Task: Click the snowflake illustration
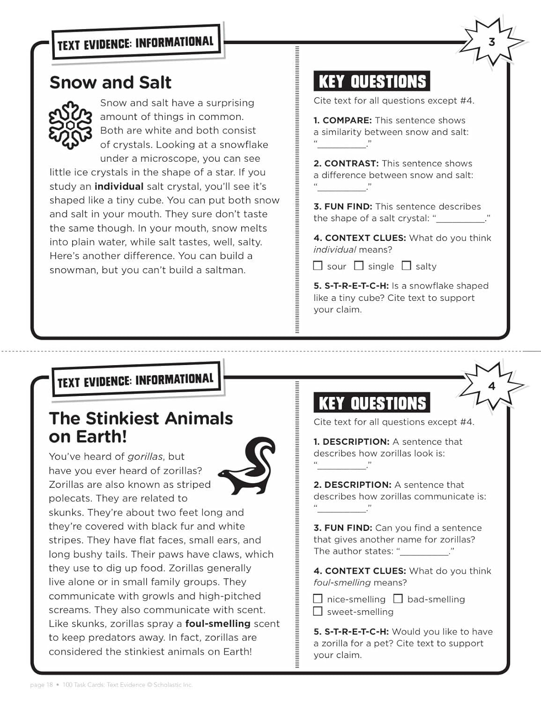click(x=70, y=125)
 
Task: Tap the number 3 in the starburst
click(x=491, y=42)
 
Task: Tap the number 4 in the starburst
click(x=491, y=386)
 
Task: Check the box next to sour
click(x=318, y=266)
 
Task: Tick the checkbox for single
click(x=359, y=266)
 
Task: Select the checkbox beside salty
click(x=406, y=266)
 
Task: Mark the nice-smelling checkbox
click(x=318, y=598)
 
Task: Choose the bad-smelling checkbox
click(x=398, y=598)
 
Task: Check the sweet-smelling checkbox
click(x=318, y=611)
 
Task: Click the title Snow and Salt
click(x=111, y=82)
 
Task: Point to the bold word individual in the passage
click(x=119, y=187)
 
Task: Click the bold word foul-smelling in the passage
click(x=218, y=624)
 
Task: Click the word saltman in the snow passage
click(x=224, y=270)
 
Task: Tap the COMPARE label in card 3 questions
click(x=347, y=120)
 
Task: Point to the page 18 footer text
click(x=41, y=685)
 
